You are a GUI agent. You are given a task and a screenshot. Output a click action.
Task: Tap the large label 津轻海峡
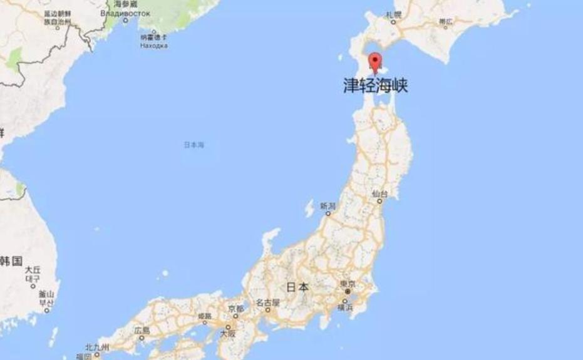click(376, 86)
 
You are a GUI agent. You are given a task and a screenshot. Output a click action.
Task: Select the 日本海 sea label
click(193, 145)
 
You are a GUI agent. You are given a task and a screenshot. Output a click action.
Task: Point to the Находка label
click(153, 45)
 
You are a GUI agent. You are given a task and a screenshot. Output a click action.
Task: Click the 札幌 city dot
click(393, 22)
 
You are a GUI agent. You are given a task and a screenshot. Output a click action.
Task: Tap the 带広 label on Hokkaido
click(445, 21)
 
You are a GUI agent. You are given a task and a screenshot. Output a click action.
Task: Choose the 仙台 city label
click(379, 194)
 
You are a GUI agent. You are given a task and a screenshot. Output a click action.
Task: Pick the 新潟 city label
click(328, 205)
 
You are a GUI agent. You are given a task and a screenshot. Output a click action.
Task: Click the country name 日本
click(297, 287)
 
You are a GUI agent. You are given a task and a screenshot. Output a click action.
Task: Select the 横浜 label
click(345, 307)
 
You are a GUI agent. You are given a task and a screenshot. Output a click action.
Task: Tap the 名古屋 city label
click(267, 302)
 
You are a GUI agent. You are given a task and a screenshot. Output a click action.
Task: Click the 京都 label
click(235, 309)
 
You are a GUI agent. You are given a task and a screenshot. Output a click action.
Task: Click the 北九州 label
click(97, 346)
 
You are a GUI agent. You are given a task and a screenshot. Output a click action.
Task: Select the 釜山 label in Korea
click(46, 294)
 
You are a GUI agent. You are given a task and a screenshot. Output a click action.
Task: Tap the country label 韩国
click(11, 259)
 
